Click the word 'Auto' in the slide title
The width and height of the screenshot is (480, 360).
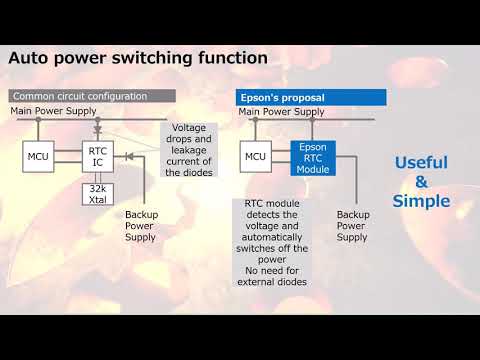coord(32,58)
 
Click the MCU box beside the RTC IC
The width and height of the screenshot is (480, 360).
coord(39,156)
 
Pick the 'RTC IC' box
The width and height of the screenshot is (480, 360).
coord(97,158)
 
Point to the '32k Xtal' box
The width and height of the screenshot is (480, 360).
coord(97,194)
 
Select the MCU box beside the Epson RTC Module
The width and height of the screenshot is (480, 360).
coord(255,156)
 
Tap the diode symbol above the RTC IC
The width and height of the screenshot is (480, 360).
coord(97,128)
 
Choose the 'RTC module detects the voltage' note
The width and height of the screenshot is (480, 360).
coord(276,242)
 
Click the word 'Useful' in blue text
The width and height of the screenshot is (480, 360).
coord(421,162)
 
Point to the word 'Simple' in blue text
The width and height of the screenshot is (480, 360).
coord(421,201)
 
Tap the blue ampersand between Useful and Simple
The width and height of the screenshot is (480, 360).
coord(421,182)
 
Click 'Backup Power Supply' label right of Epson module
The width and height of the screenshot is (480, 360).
coord(352,225)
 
